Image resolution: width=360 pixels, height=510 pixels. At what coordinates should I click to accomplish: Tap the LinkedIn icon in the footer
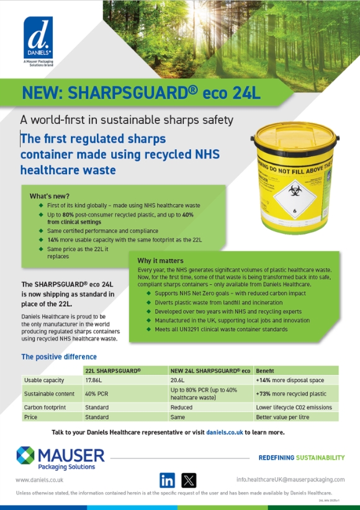[x=167, y=480]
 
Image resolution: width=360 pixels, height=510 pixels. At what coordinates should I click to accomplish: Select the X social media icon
[x=189, y=480]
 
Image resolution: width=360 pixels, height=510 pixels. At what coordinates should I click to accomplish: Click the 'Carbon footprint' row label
[x=46, y=407]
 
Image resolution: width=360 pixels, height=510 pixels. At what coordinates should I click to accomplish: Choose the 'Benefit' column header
[x=265, y=370]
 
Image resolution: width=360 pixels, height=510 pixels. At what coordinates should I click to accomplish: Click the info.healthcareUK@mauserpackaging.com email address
[x=290, y=480]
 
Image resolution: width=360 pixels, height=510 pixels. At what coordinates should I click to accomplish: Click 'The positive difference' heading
[x=59, y=357]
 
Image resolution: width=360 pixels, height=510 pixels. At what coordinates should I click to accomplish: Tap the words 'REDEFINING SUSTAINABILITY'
[x=301, y=458]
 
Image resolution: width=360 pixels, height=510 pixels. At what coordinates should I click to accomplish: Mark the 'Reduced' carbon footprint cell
[x=181, y=407]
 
